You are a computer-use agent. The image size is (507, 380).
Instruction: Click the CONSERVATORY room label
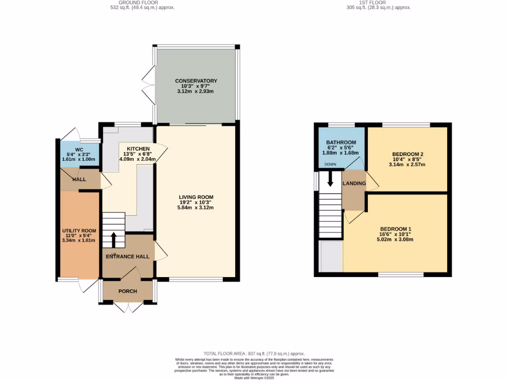196,81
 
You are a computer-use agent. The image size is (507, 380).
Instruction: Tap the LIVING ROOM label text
196,197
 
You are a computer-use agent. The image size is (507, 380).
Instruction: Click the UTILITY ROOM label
79,231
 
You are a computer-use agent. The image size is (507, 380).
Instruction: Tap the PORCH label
127,291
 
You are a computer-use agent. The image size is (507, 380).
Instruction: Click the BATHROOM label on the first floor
341,142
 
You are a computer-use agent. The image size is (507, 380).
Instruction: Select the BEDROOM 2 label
408,154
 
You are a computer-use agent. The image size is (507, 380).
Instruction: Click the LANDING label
354,184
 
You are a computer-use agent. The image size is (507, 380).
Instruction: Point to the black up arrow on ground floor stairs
113,240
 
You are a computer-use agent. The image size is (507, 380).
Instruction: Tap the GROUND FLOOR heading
142,3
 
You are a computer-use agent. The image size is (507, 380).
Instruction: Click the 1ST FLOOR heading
378,3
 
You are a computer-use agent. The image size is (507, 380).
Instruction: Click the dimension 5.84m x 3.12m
196,208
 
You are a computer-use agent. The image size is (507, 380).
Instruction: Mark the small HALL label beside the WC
79,180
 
